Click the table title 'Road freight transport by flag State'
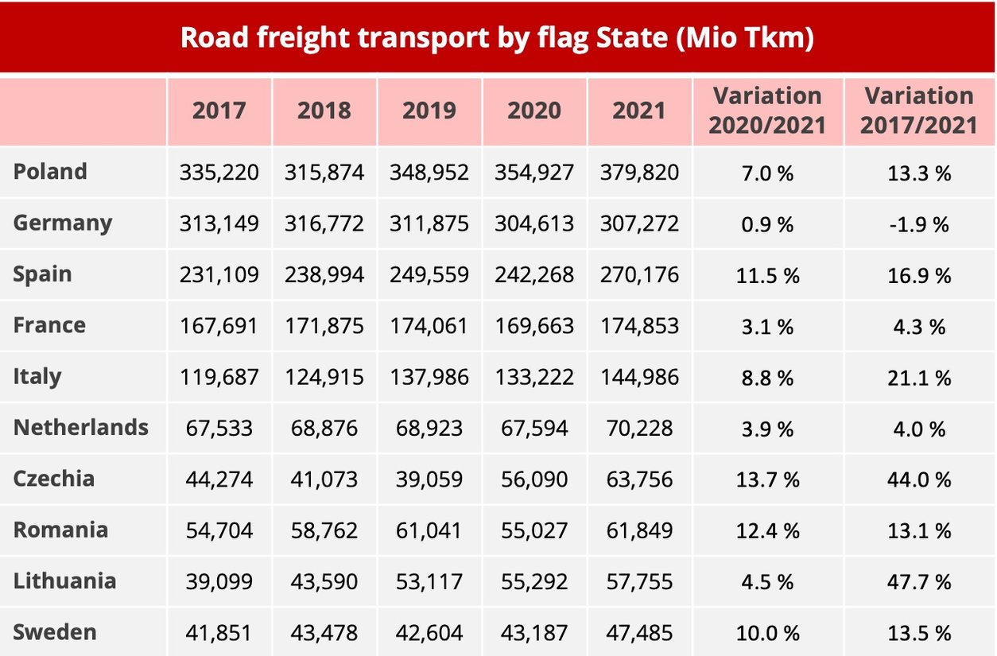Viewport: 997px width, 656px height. tap(497, 37)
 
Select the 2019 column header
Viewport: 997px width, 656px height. tap(429, 111)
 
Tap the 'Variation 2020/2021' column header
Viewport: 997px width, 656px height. tap(767, 111)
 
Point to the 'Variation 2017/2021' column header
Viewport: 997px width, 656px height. tap(919, 111)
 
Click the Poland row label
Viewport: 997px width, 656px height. tap(50, 172)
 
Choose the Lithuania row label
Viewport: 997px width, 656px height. tap(64, 581)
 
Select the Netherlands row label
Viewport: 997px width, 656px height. tap(80, 428)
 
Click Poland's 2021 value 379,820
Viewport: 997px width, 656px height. tap(639, 173)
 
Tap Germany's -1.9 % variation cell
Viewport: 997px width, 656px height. tap(919, 224)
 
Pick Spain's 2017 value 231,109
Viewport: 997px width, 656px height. tap(219, 275)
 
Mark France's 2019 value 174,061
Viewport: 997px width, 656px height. tap(429, 326)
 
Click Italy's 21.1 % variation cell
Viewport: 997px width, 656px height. tap(919, 377)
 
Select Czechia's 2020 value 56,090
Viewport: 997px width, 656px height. tap(534, 479)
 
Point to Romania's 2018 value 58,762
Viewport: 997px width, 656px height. tap(324, 530)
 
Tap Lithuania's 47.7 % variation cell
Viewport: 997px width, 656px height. tap(919, 582)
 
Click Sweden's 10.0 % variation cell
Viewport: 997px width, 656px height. tap(767, 633)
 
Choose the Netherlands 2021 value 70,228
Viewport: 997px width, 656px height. tap(639, 429)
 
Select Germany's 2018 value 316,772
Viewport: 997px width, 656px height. tap(324, 224)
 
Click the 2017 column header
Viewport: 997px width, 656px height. tap(219, 111)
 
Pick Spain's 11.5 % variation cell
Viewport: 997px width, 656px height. tap(767, 275)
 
